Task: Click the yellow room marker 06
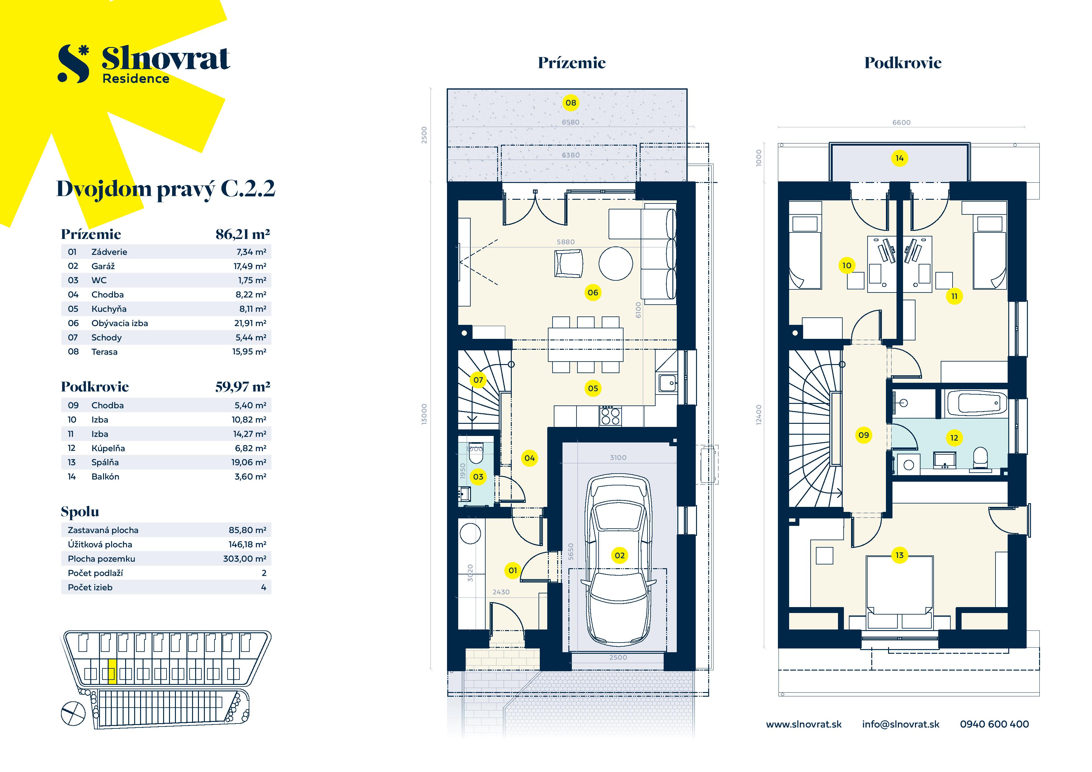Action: point(593,292)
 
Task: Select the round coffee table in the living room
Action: point(615,263)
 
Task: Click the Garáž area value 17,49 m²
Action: point(250,266)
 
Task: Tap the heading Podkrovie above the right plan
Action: point(902,63)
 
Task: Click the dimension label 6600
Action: point(901,122)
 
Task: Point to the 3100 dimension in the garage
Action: point(618,457)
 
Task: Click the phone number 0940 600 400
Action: point(994,724)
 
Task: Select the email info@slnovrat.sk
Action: point(900,724)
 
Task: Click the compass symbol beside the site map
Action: point(73,714)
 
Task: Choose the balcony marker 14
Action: point(899,158)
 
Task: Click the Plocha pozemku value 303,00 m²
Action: point(244,559)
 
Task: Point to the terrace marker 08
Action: point(571,103)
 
